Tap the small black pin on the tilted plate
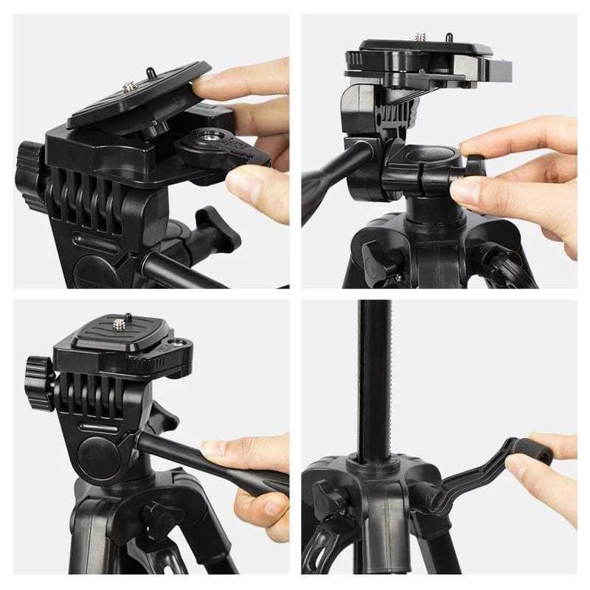coord(150,72)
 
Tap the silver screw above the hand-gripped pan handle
coord(119,322)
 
